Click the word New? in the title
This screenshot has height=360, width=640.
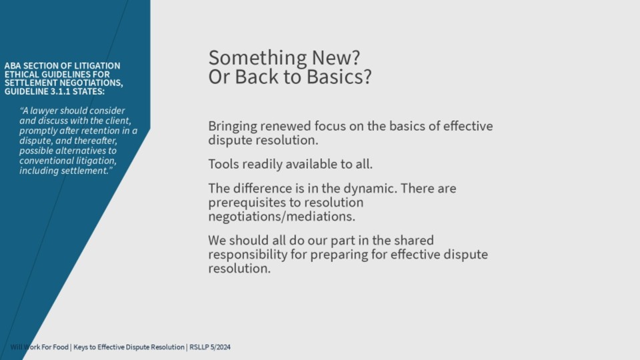(336, 57)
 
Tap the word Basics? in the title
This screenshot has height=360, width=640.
(339, 76)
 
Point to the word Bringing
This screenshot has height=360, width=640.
(232, 127)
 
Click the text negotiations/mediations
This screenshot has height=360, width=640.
(281, 216)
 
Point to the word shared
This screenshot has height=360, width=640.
(413, 240)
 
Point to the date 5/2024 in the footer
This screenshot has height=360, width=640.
(221, 347)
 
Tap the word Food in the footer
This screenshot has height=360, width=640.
(61, 347)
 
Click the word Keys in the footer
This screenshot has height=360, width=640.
(80, 347)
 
